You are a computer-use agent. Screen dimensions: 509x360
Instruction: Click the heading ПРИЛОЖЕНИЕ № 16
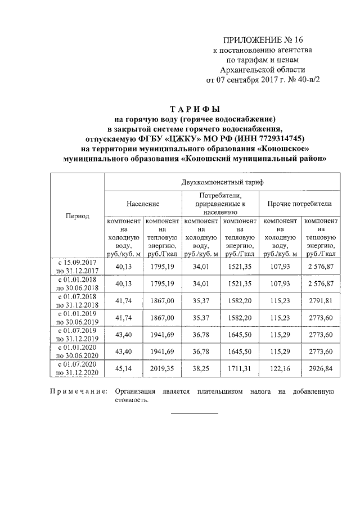coord(263,40)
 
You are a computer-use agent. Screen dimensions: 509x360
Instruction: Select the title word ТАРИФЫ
coord(195,109)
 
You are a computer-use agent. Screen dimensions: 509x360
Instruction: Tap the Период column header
coord(78,217)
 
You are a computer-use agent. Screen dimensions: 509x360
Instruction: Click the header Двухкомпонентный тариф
coord(222,183)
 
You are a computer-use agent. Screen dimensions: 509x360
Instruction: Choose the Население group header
coord(143,204)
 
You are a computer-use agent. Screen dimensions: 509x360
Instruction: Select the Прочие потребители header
coord(299,204)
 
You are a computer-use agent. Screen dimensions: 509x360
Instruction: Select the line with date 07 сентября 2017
coord(263,80)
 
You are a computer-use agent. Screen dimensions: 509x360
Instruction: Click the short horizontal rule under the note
coord(194,414)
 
